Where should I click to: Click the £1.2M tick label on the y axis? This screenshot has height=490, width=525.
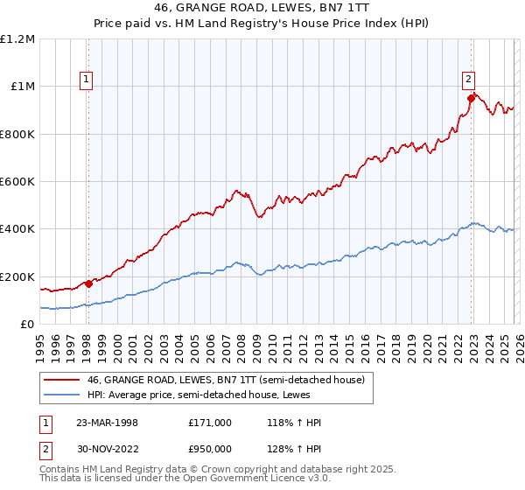coord(17,39)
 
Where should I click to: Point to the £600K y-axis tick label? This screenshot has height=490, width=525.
coord(17,182)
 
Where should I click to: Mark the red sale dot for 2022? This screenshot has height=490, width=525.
coord(471,99)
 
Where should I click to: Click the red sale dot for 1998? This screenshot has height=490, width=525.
coord(89,283)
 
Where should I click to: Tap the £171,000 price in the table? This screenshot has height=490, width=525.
coord(209,423)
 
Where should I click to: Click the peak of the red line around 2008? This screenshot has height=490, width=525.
coord(234,188)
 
